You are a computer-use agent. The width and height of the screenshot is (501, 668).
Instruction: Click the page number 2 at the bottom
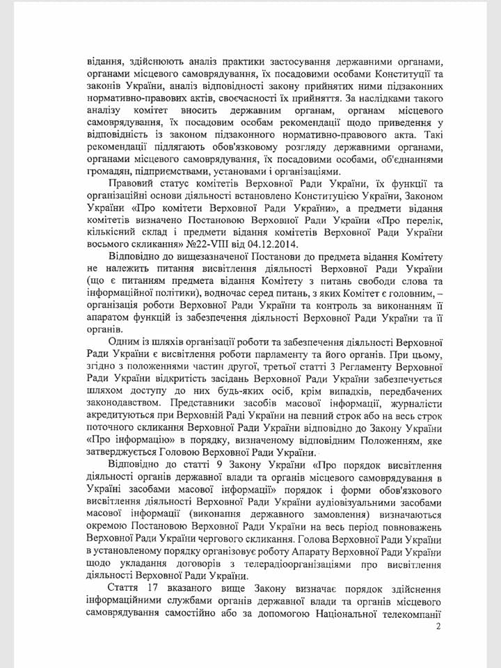[438, 626]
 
